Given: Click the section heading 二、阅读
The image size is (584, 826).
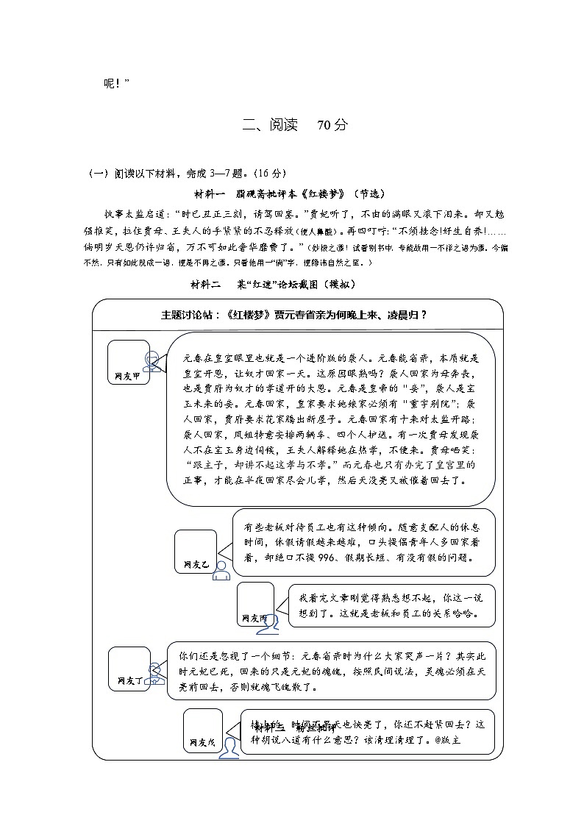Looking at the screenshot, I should tap(270, 125).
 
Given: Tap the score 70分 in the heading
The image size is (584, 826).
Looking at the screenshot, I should tap(332, 125).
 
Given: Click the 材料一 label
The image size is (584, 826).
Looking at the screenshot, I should tap(210, 193).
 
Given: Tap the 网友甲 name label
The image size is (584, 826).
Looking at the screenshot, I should tap(127, 375).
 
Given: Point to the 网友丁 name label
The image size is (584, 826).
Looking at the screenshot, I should tap(129, 681).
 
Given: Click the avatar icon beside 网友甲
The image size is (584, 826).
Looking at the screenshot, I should tap(152, 360).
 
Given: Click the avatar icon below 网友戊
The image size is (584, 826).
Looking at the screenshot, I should tap(230, 747).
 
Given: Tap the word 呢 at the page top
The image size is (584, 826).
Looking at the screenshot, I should tap(110, 83).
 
